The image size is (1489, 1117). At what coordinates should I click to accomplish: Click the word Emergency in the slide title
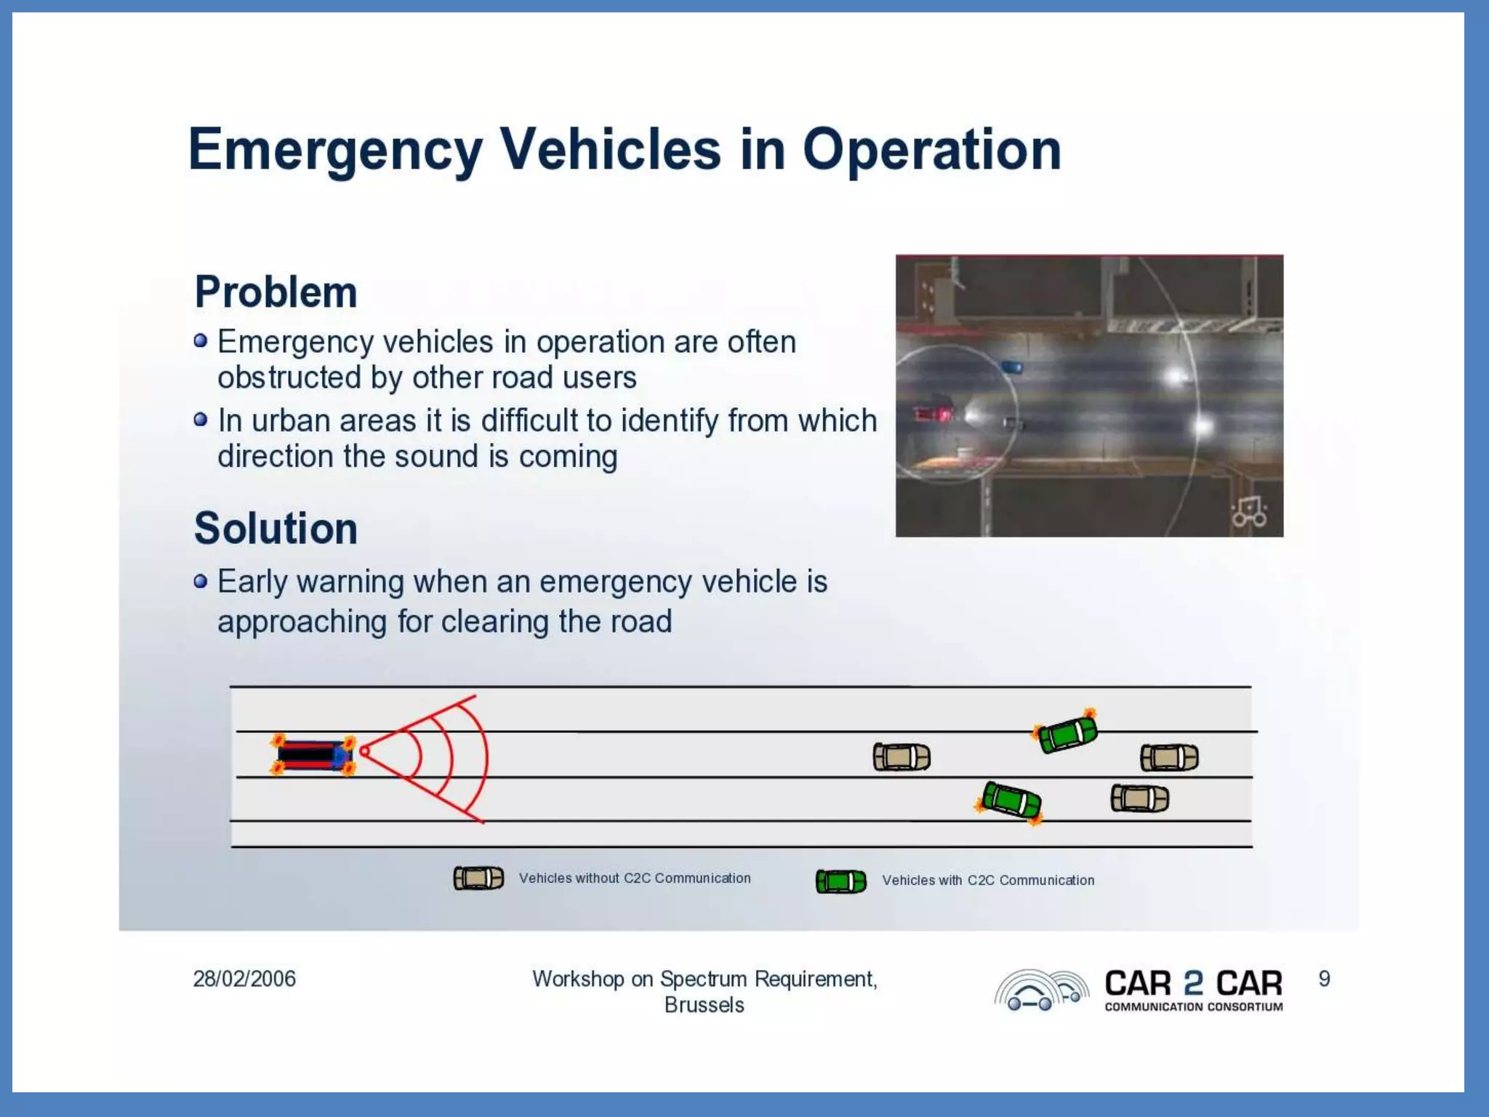tap(335, 150)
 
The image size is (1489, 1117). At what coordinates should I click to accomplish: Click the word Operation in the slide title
tap(931, 150)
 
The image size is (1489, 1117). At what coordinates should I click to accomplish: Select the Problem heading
tap(276, 292)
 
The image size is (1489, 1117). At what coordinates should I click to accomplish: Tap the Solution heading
tap(276, 528)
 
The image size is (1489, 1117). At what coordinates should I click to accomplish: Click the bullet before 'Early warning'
tap(201, 581)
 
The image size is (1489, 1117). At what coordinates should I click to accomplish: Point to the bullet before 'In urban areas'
tap(201, 420)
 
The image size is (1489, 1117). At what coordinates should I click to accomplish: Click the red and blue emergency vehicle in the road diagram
tap(313, 755)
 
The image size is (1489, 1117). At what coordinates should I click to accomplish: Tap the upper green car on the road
tap(1067, 734)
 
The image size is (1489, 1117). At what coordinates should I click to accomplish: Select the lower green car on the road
tap(1011, 800)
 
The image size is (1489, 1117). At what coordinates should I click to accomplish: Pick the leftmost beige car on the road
tap(902, 757)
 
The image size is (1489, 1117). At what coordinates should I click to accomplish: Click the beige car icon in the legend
tap(478, 878)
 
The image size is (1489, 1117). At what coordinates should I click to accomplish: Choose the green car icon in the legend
tap(840, 881)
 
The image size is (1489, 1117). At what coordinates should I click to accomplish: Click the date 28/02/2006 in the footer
tap(244, 979)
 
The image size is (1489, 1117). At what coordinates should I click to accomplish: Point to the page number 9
tap(1324, 979)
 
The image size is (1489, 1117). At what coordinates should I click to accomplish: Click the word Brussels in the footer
tap(704, 1005)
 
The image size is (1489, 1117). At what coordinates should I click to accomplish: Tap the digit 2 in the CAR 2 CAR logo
tap(1193, 983)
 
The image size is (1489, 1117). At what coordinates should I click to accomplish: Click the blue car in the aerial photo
tap(1011, 367)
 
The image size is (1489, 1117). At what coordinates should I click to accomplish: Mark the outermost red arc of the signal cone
tap(486, 756)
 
